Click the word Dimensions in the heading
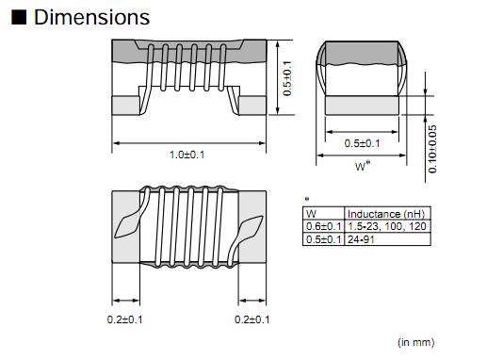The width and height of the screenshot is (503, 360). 91,17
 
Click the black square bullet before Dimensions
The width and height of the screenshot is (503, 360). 19,17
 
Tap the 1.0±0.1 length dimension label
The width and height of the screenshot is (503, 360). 187,155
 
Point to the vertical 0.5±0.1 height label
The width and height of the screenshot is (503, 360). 287,78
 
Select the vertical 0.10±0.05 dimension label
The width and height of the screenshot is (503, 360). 432,149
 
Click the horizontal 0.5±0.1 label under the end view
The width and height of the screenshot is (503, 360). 362,143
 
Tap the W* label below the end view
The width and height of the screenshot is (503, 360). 363,166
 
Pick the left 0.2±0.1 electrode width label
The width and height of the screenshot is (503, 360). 124,319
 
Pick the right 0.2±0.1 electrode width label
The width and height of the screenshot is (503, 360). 252,319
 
